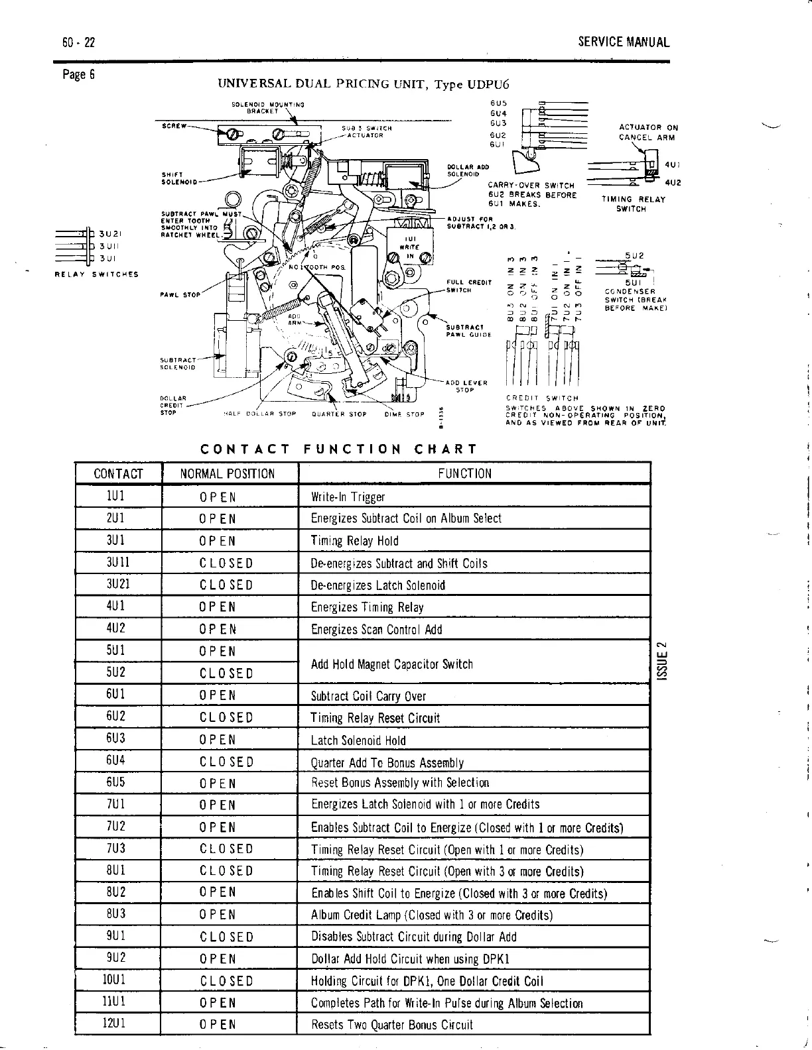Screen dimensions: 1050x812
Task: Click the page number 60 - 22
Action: (79, 43)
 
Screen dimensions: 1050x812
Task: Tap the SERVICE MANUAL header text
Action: (624, 42)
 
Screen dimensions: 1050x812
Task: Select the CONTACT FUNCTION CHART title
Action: (338, 449)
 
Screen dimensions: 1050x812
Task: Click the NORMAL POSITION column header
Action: (228, 473)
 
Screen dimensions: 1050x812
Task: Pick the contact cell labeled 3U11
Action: (118, 563)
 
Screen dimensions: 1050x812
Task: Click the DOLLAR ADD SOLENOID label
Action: (468, 170)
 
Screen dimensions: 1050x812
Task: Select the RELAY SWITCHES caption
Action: (96, 274)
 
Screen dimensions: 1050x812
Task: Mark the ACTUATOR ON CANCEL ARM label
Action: (648, 132)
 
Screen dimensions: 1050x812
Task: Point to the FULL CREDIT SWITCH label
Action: (468, 286)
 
